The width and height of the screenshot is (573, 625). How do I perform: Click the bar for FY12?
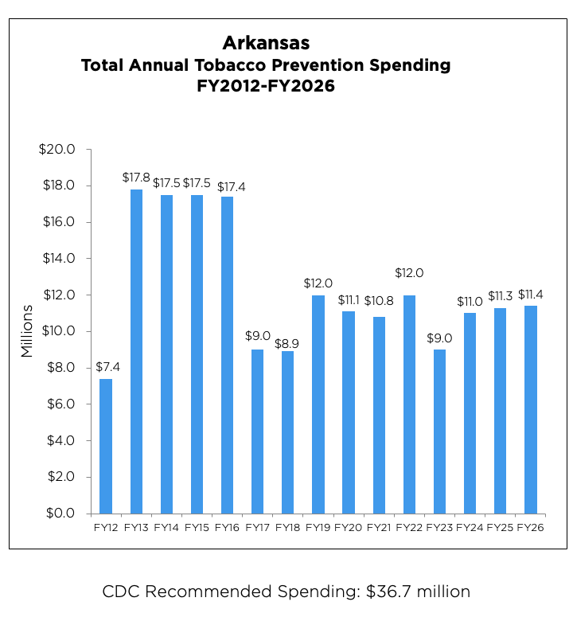click(106, 446)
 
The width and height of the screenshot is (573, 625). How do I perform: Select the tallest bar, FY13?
click(136, 351)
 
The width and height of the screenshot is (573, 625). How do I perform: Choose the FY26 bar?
click(531, 409)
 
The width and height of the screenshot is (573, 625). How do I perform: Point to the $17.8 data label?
click(136, 178)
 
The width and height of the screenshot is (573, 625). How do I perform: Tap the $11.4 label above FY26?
click(531, 294)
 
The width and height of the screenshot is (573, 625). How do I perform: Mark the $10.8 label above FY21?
click(379, 300)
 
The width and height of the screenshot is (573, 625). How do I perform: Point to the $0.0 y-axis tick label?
click(60, 514)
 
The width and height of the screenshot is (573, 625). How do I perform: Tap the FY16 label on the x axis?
click(228, 527)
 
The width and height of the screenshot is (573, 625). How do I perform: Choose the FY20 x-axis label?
click(349, 527)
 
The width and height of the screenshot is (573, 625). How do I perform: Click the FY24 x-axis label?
click(470, 527)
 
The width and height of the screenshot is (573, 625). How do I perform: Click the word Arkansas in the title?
click(266, 42)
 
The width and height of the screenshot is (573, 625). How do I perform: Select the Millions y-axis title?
click(28, 330)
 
